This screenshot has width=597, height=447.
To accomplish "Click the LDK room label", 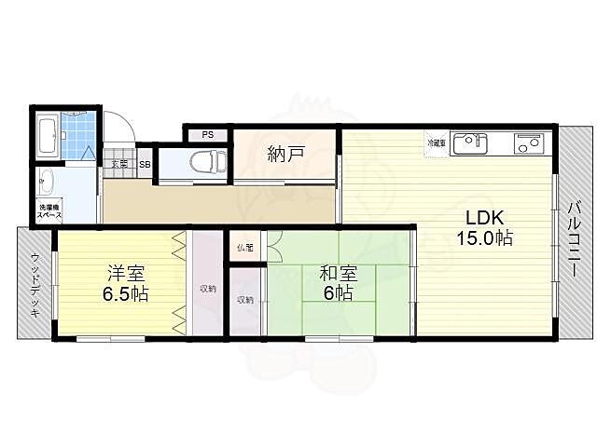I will [485, 217].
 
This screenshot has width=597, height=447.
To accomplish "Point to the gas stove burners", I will [528, 145].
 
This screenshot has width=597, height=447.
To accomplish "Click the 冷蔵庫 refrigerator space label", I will [436, 144].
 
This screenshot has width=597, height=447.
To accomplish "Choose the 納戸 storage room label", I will [285, 154].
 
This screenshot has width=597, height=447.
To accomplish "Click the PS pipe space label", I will [207, 134].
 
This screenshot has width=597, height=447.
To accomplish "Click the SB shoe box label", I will [145, 165].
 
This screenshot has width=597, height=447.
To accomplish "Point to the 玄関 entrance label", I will [119, 165].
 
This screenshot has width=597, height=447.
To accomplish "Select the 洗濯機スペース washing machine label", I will [49, 211].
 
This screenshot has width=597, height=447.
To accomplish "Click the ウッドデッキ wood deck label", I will [35, 284].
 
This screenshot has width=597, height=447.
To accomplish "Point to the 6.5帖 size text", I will [124, 294].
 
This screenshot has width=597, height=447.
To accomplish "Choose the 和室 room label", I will [337, 273].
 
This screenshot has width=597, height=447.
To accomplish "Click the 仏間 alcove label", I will [245, 248].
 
